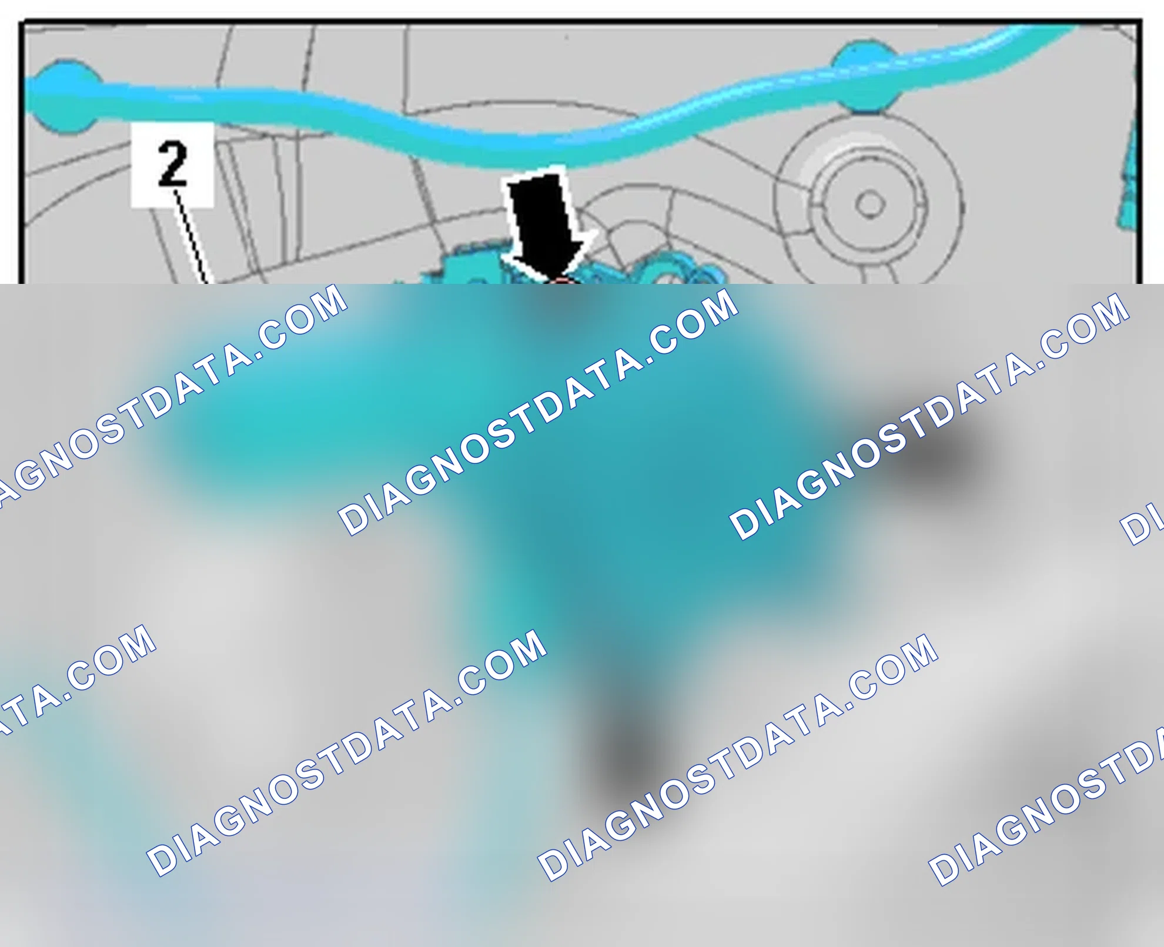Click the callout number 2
tap(172, 165)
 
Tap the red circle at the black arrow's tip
tap(561, 283)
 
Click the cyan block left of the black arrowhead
tap(470, 268)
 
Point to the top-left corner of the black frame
tap(21, 22)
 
